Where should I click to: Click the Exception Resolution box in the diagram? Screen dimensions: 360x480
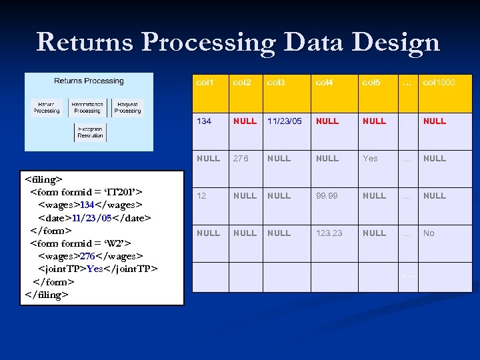90,132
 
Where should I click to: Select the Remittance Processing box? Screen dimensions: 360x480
87,107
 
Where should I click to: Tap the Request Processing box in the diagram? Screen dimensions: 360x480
127,107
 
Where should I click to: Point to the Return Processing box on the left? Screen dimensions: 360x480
47,107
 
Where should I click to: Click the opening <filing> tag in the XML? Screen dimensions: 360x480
43,179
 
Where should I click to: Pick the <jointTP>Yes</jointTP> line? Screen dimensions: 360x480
98,269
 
